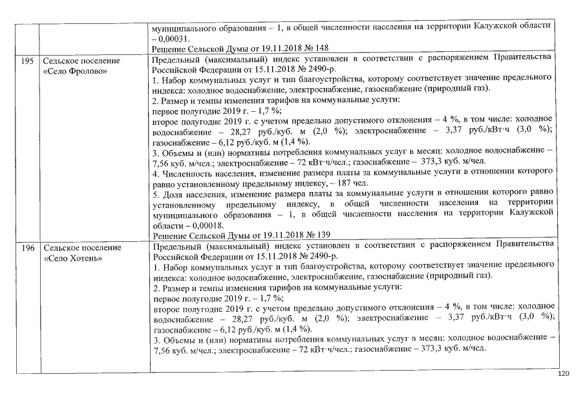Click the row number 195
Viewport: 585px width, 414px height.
27,60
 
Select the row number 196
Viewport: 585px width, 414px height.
27,247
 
